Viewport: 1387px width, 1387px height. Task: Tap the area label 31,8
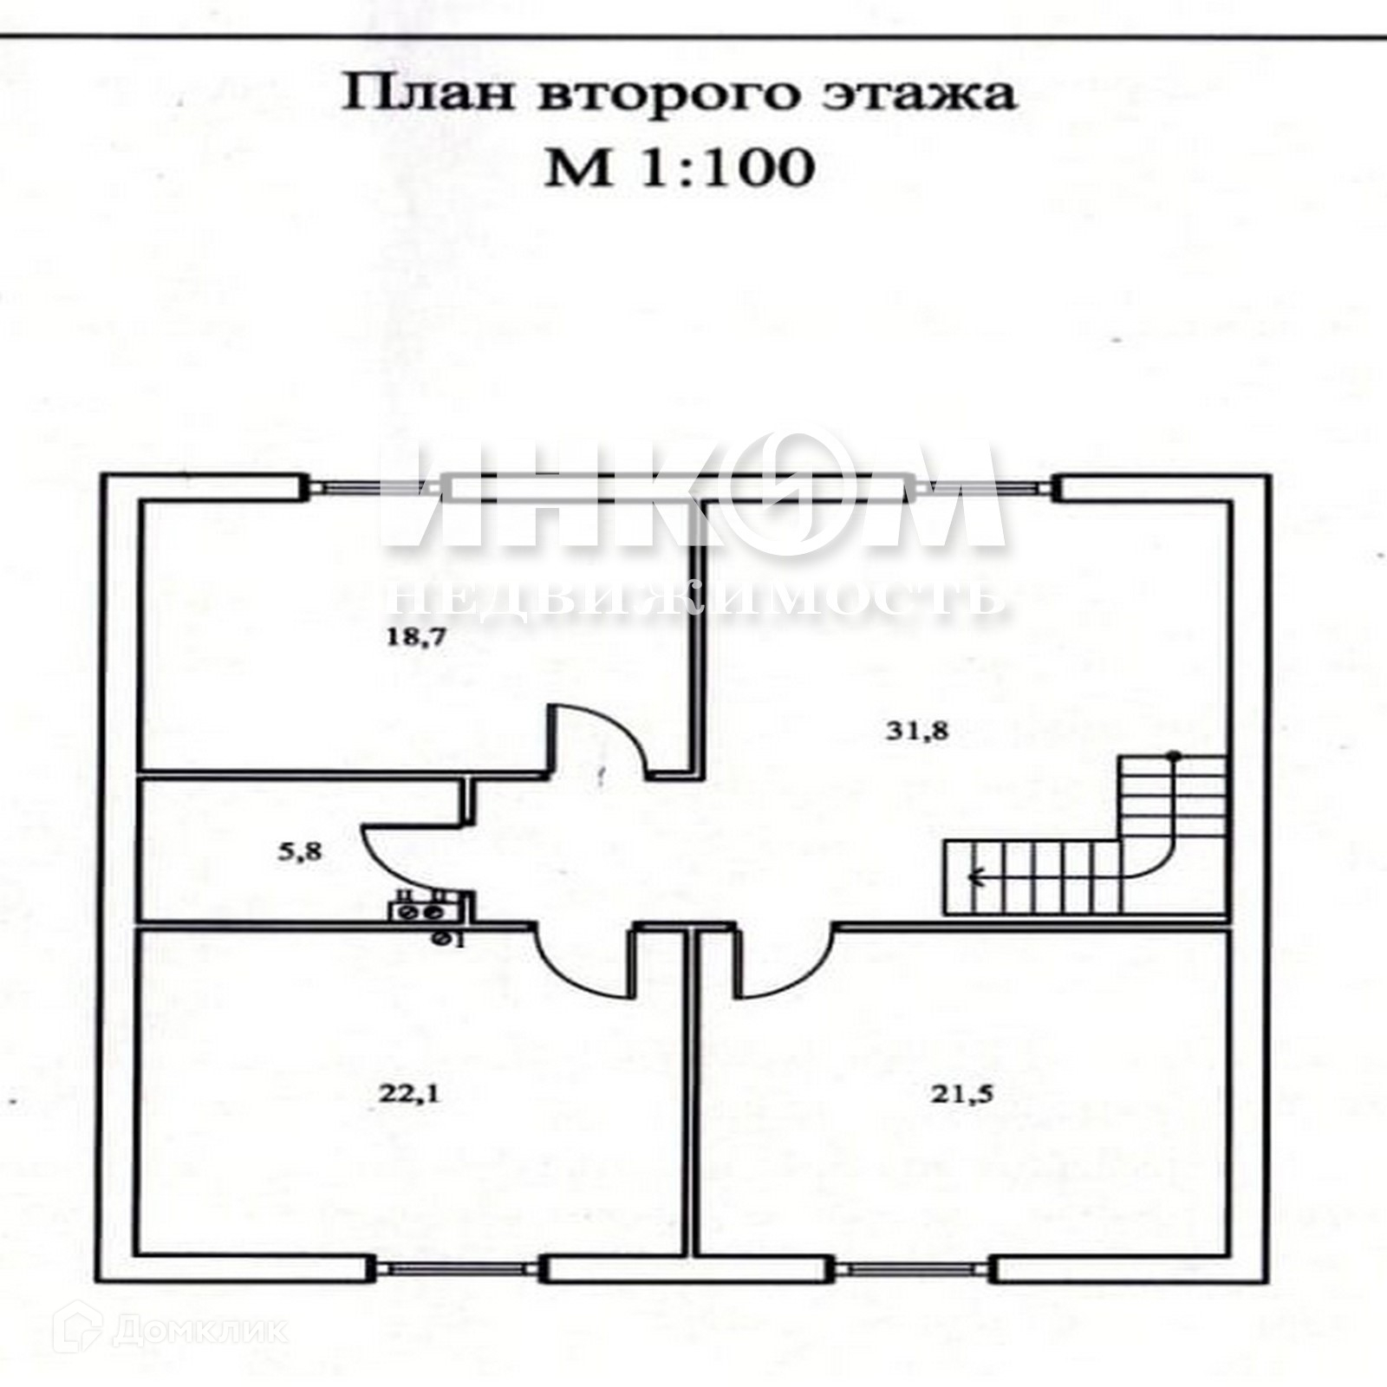click(x=917, y=731)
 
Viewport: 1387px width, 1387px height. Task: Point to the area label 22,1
click(x=408, y=1094)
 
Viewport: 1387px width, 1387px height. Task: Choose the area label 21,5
click(x=962, y=1094)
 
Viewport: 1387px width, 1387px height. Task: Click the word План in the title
click(x=431, y=94)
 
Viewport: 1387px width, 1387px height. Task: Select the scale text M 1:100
click(x=680, y=167)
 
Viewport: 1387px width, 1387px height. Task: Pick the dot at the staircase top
click(x=1173, y=755)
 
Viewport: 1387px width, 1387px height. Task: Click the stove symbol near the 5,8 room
click(x=420, y=912)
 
